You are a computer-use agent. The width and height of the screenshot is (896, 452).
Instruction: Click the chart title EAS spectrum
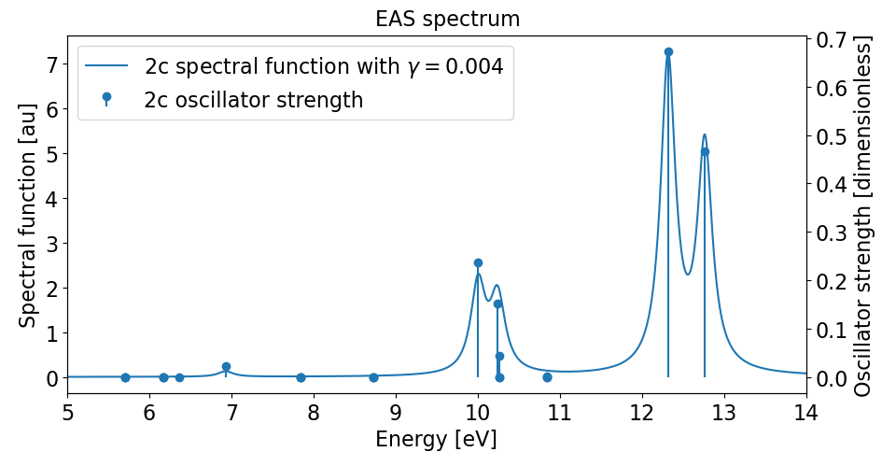pyautogui.click(x=447, y=19)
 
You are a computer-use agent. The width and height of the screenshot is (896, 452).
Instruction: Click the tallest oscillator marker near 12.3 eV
pyautogui.click(x=668, y=52)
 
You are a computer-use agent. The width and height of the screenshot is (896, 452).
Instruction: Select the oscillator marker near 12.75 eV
pyautogui.click(x=705, y=151)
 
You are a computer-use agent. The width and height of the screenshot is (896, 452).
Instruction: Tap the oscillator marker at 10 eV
pyautogui.click(x=478, y=263)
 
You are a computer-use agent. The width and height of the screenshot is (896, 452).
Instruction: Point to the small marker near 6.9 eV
pyautogui.click(x=226, y=367)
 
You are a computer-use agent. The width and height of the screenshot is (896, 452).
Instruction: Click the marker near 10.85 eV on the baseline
pyautogui.click(x=547, y=377)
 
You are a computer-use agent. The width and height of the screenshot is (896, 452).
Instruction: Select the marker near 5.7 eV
pyautogui.click(x=125, y=377)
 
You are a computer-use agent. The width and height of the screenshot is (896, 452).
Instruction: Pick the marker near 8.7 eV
pyautogui.click(x=373, y=377)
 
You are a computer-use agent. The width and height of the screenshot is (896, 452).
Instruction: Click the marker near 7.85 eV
pyautogui.click(x=301, y=377)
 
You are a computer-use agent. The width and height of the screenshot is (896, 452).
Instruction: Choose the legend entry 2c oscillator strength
pyautogui.click(x=253, y=100)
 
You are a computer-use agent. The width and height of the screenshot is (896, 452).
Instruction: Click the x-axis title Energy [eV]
pyautogui.click(x=436, y=439)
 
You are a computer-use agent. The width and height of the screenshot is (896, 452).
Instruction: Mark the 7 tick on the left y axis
pyautogui.click(x=52, y=64)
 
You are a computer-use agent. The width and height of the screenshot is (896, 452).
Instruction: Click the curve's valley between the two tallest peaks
pyautogui.click(x=688, y=274)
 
